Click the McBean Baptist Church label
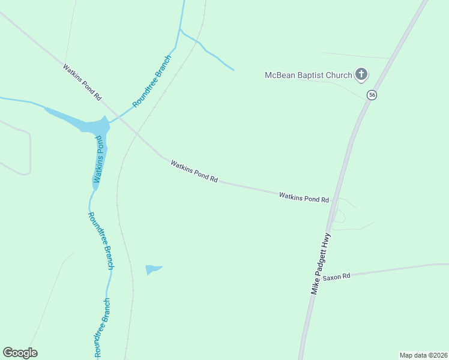point(309,75)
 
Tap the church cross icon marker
point(361,74)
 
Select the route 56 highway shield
point(372,95)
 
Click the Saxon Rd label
point(336,277)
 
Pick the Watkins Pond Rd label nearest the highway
point(304,196)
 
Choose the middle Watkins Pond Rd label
point(194,171)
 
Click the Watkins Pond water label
point(99,159)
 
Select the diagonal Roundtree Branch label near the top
point(152,81)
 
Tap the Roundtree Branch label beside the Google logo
point(103,327)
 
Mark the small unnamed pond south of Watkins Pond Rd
point(152,269)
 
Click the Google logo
point(20,353)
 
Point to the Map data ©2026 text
point(423,355)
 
